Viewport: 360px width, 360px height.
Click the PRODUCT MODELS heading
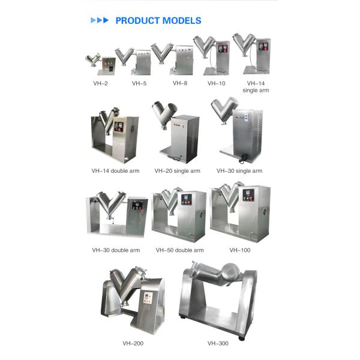pyautogui.click(x=158, y=20)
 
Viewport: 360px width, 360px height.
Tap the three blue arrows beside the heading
pyautogui.click(x=100, y=20)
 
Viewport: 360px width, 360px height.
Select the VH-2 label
pyautogui.click(x=100, y=83)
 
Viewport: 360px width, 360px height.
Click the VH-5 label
pyautogui.click(x=139, y=83)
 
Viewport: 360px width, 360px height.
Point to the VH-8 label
pyautogui.click(x=180, y=83)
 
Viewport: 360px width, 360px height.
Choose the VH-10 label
pyautogui.click(x=216, y=83)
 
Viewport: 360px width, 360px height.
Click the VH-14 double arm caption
pyautogui.click(x=115, y=171)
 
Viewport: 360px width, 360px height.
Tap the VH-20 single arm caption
pyautogui.click(x=177, y=171)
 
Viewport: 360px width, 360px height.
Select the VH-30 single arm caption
pyautogui.click(x=239, y=171)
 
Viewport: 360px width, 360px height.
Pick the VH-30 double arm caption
pyautogui.click(x=116, y=250)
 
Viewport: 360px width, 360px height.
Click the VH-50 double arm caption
pyautogui.click(x=179, y=250)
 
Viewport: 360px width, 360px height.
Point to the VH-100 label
pyautogui.click(x=239, y=250)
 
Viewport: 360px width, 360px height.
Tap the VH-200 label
pyautogui.click(x=133, y=343)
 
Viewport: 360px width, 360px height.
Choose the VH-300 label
pyautogui.click(x=218, y=343)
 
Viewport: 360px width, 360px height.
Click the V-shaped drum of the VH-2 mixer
pyautogui.click(x=93, y=59)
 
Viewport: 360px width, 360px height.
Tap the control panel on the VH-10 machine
pyautogui.click(x=223, y=48)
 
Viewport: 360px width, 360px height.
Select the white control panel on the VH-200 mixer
pyautogui.click(x=148, y=298)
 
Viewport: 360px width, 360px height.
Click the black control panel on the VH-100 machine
pyautogui.click(x=248, y=195)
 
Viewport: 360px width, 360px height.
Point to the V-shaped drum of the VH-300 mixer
pyautogui.click(x=217, y=274)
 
